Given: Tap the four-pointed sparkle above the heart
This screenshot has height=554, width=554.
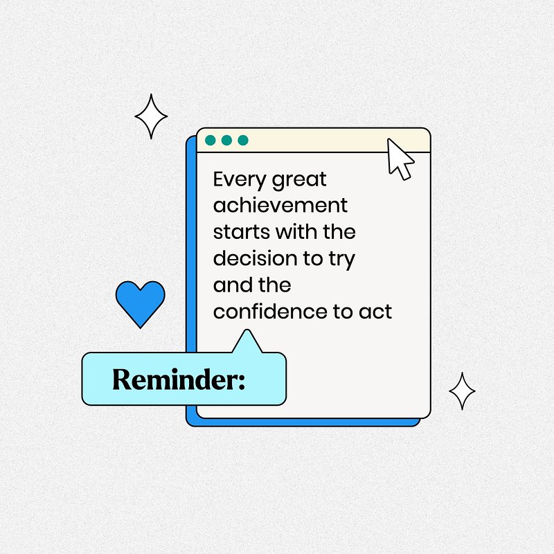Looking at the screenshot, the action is click(151, 116).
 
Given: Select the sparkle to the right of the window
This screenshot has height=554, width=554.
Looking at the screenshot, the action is click(462, 391).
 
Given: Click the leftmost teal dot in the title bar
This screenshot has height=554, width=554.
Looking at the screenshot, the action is click(211, 141).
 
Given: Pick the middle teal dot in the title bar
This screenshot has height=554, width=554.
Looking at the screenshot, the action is click(226, 141).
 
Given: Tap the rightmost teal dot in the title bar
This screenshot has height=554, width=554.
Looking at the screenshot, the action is click(243, 141).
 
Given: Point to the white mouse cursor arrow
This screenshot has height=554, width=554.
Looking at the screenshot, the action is click(400, 159).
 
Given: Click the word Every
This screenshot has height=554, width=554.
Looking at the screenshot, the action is click(239, 180).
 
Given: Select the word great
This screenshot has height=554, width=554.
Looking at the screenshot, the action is click(299, 181).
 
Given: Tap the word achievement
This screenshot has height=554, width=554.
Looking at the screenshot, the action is click(280, 205).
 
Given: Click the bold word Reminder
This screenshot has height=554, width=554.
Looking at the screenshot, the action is click(175, 379).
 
